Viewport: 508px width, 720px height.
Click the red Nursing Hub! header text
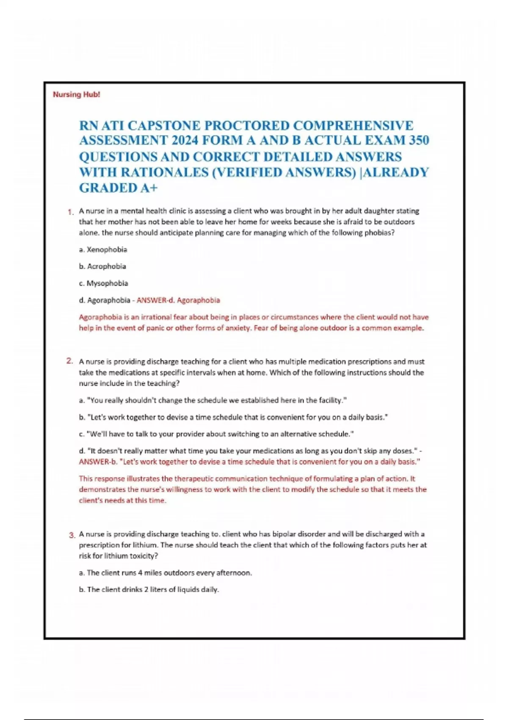(76, 94)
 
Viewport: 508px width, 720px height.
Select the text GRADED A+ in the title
(118, 188)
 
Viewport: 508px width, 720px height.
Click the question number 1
(71, 212)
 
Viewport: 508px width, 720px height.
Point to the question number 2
(70, 361)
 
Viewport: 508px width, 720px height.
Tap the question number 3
(72, 535)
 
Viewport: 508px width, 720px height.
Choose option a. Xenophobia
(103, 249)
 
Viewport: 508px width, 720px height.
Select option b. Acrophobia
(102, 266)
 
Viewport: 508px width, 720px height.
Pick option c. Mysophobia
(103, 283)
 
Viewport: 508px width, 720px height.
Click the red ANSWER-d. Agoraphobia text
(178, 300)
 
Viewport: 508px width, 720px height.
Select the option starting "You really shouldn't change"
(213, 400)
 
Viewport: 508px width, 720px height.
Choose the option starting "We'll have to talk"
(216, 434)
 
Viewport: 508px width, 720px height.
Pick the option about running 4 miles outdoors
(166, 573)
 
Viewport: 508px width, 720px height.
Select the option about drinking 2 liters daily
(149, 590)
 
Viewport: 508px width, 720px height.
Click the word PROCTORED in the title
(248, 126)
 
